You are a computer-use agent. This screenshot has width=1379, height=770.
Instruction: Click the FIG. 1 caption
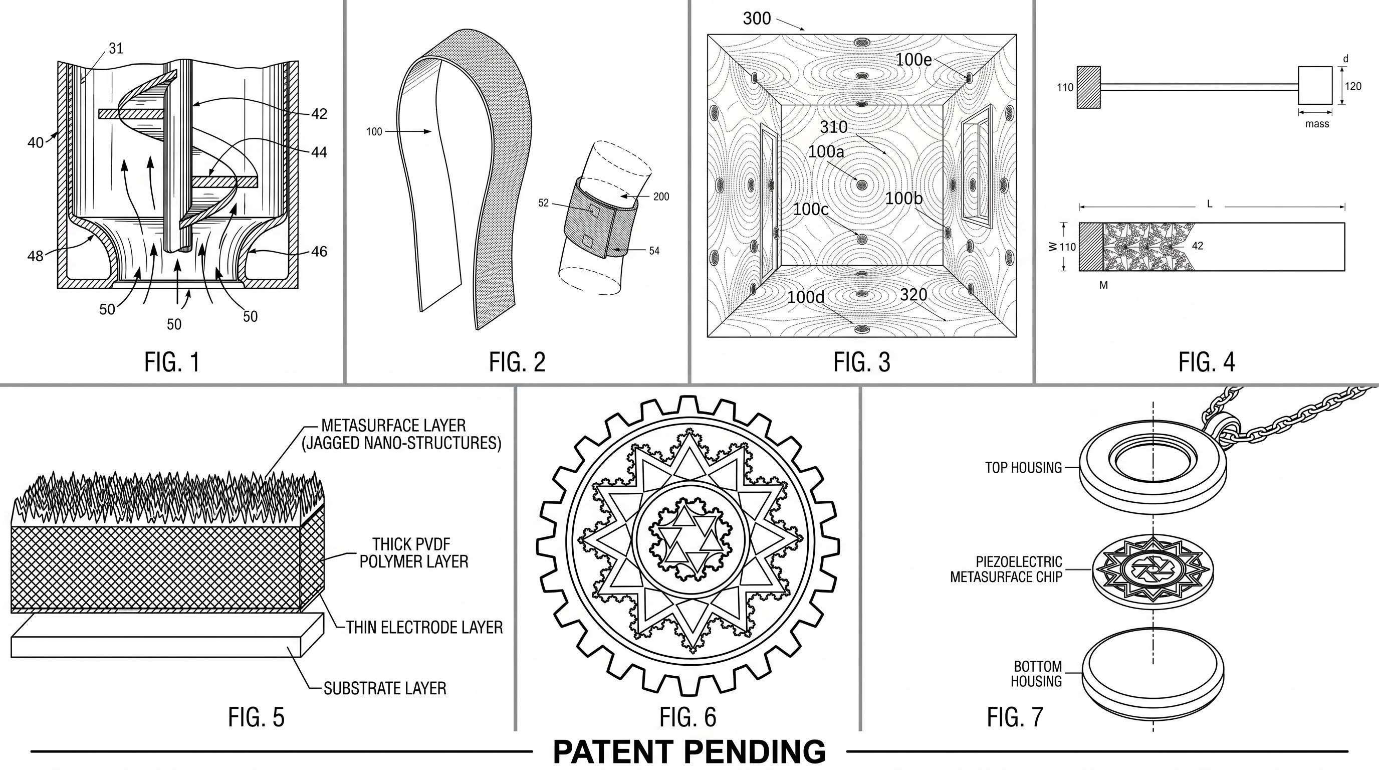coord(172,362)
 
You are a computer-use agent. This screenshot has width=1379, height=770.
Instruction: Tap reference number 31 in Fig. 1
coord(116,49)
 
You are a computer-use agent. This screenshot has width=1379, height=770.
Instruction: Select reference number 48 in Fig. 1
coord(36,257)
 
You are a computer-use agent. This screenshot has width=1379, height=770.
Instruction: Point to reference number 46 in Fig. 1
coord(319,252)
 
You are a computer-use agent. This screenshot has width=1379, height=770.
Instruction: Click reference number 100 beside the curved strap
coord(374,132)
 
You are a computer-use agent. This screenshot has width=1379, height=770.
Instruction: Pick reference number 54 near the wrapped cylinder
coord(654,251)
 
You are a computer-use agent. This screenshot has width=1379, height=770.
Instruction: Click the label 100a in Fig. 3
coord(825,152)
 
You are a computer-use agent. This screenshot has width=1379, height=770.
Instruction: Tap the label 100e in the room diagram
coord(913,60)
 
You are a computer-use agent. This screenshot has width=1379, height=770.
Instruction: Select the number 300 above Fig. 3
coord(757,19)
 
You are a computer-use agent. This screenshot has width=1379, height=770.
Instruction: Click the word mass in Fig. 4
coord(1317,124)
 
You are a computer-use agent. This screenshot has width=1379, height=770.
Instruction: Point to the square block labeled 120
coord(1315,86)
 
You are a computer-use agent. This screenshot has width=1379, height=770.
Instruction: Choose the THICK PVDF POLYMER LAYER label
coord(413,552)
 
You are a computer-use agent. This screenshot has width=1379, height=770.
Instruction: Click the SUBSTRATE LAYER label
coord(385,688)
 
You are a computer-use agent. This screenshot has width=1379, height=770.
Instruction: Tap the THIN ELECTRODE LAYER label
coord(424,627)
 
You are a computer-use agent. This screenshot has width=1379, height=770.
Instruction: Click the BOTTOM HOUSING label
coord(1037,674)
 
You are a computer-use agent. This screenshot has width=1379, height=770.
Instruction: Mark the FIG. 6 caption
coord(687,717)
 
